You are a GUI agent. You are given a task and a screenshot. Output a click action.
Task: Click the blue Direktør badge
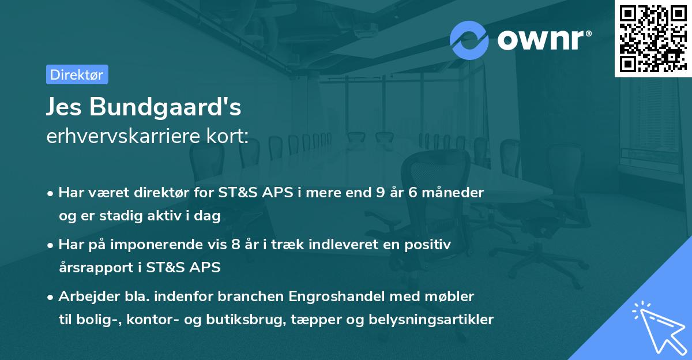[x=77, y=74]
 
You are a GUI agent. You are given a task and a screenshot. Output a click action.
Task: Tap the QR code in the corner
[x=652, y=38]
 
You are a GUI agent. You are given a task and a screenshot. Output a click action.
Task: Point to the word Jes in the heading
[x=65, y=108]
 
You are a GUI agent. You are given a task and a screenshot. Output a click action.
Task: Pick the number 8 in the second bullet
[x=234, y=245]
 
